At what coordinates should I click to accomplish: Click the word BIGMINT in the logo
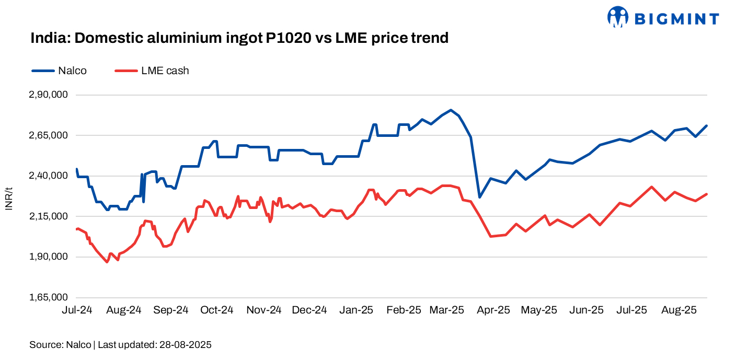point(676,19)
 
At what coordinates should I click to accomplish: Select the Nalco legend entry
point(59,71)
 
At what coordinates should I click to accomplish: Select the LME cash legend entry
point(151,71)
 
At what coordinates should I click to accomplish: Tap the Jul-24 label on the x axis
point(77,310)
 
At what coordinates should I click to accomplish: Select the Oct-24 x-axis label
point(216,310)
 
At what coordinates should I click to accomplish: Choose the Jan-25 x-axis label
point(356,310)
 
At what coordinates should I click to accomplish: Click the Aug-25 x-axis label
point(679,310)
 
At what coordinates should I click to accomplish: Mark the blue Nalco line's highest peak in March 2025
point(451,110)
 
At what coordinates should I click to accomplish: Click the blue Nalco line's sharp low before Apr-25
point(479,197)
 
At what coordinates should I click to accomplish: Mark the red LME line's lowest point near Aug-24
point(107,262)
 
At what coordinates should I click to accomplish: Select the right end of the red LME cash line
point(707,194)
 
